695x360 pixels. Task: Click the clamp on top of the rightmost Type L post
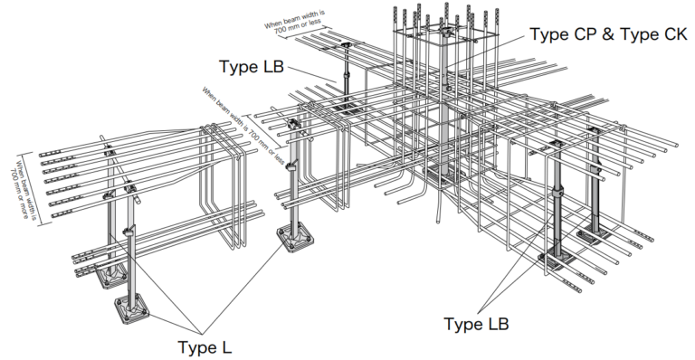[294, 125]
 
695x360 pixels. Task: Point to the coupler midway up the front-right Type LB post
[557, 191]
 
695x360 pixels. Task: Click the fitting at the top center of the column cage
[443, 31]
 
